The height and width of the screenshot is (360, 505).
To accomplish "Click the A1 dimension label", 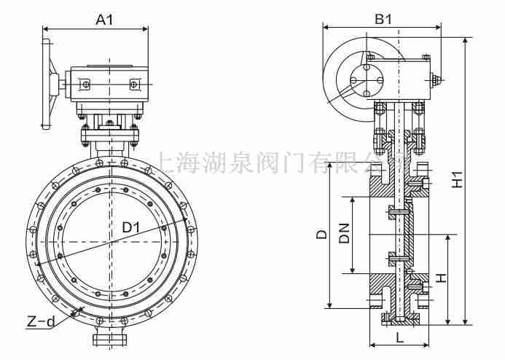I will (x=105, y=20).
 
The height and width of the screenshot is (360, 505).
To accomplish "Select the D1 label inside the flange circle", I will (x=131, y=227).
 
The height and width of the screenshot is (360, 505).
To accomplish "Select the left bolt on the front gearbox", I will (x=86, y=86).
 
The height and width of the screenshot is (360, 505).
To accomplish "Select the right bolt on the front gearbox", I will (x=134, y=86).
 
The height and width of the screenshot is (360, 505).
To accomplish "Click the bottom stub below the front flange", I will (x=110, y=339).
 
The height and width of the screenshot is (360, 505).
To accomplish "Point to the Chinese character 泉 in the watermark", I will (x=236, y=162).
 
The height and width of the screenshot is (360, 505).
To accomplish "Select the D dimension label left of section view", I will (x=321, y=235).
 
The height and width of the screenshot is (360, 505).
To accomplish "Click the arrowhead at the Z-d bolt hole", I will (x=74, y=314).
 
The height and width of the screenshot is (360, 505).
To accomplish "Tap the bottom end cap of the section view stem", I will (x=399, y=318).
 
